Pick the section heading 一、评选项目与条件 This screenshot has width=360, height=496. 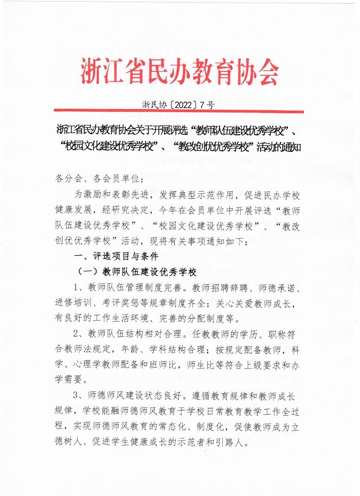click(116, 256)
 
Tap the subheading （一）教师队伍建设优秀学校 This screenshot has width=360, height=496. click(136, 272)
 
